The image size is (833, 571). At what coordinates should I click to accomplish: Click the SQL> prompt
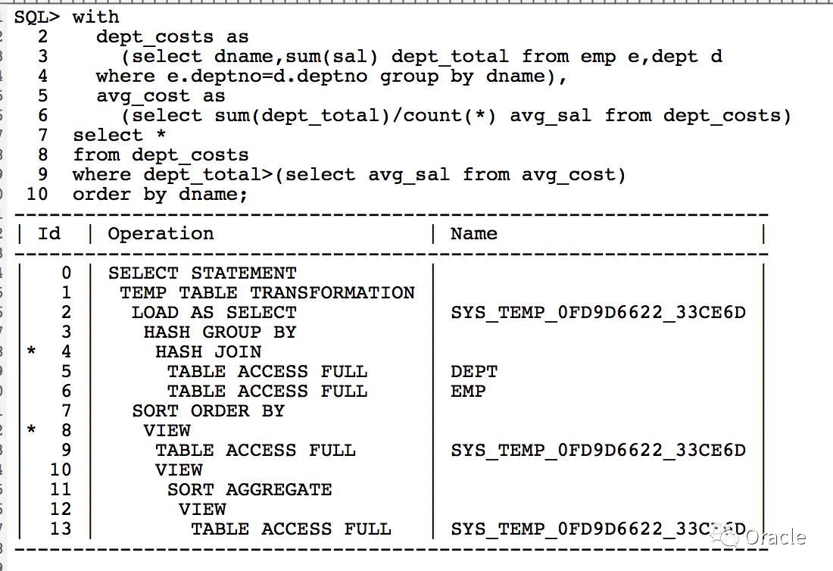[x=36, y=17]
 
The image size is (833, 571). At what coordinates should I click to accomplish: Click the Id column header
[x=49, y=233]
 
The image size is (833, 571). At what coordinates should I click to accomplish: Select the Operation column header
[x=161, y=233]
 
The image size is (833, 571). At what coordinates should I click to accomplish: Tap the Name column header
[x=474, y=233]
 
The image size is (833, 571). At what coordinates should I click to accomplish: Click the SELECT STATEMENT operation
[x=202, y=273]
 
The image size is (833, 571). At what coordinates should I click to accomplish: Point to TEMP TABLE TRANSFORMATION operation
[x=267, y=292]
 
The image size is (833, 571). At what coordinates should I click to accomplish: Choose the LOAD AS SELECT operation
[x=214, y=312]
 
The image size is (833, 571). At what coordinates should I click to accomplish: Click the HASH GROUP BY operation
[x=220, y=332]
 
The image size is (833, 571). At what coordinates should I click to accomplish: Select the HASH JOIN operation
[x=208, y=351]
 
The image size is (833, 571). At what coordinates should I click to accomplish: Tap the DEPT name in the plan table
[x=474, y=371]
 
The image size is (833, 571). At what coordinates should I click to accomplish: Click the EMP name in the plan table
[x=468, y=391]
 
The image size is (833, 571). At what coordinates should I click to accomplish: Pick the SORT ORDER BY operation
[x=208, y=410]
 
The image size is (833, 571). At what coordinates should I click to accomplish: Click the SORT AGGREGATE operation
[x=250, y=489]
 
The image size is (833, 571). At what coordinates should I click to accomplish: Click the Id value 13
[x=61, y=529]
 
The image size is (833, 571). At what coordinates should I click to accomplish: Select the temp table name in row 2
[x=598, y=312]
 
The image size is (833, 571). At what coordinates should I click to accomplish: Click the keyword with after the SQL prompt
[x=96, y=17]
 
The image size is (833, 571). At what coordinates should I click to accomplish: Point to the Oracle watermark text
[x=775, y=537]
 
